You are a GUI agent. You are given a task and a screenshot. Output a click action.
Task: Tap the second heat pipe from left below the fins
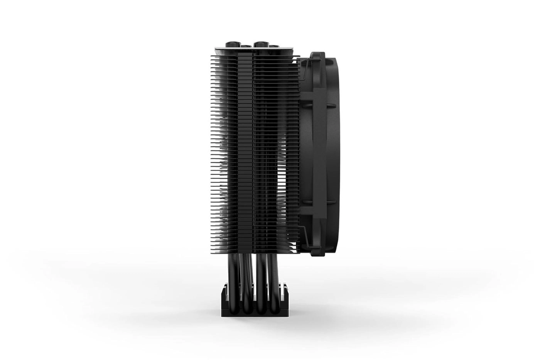(x=246, y=274)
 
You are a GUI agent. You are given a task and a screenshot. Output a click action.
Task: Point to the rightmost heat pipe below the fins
(x=274, y=274)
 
